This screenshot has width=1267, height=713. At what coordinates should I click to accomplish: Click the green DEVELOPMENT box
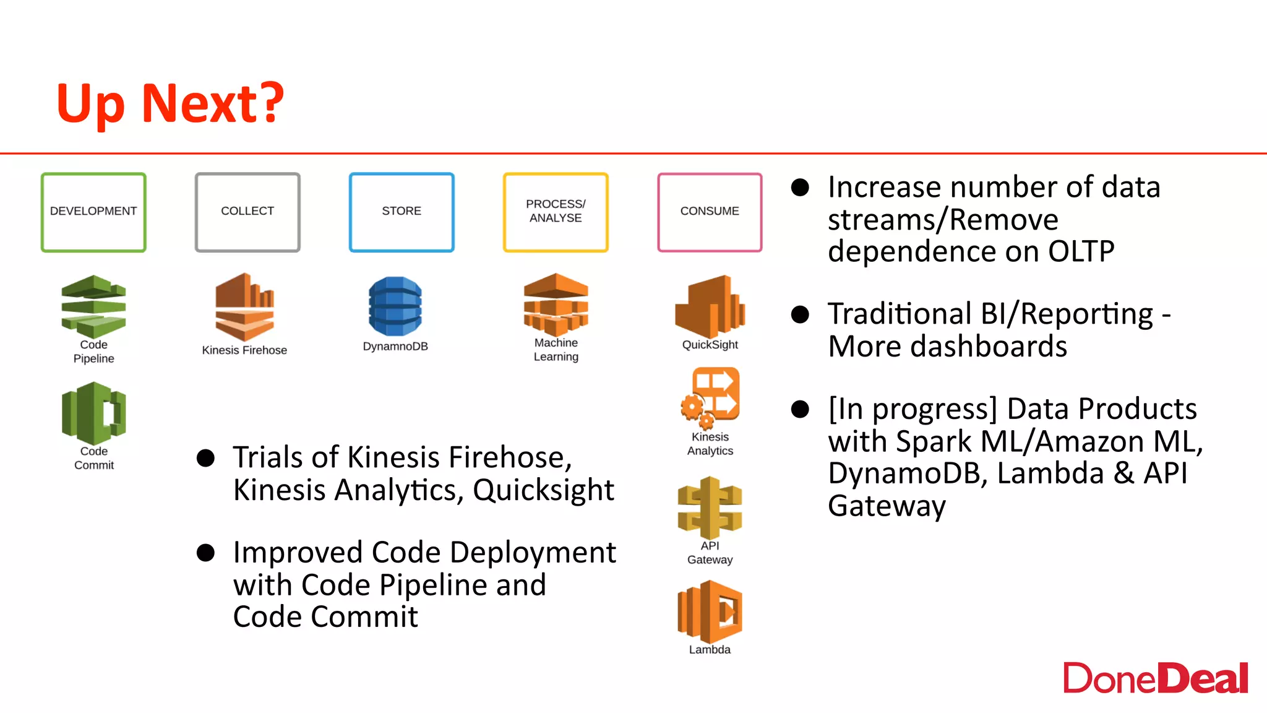click(93, 212)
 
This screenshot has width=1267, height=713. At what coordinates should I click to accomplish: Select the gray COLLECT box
click(247, 212)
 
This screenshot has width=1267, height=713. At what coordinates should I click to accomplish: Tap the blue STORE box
click(402, 212)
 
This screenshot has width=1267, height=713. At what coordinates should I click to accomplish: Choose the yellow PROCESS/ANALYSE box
click(556, 212)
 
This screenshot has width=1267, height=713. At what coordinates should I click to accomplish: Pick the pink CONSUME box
click(710, 212)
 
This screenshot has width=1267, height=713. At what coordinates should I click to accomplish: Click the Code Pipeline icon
click(93, 306)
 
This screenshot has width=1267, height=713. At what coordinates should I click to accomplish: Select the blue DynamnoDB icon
click(395, 306)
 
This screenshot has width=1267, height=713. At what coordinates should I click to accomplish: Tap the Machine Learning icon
click(556, 304)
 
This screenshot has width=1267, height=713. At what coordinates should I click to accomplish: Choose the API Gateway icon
click(710, 508)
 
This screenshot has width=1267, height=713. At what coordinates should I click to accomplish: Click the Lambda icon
click(710, 611)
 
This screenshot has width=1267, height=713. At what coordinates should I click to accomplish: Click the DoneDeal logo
click(1155, 678)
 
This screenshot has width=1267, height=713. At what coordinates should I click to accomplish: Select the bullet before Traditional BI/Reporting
click(800, 314)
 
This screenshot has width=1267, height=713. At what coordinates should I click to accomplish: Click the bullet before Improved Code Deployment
click(205, 553)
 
